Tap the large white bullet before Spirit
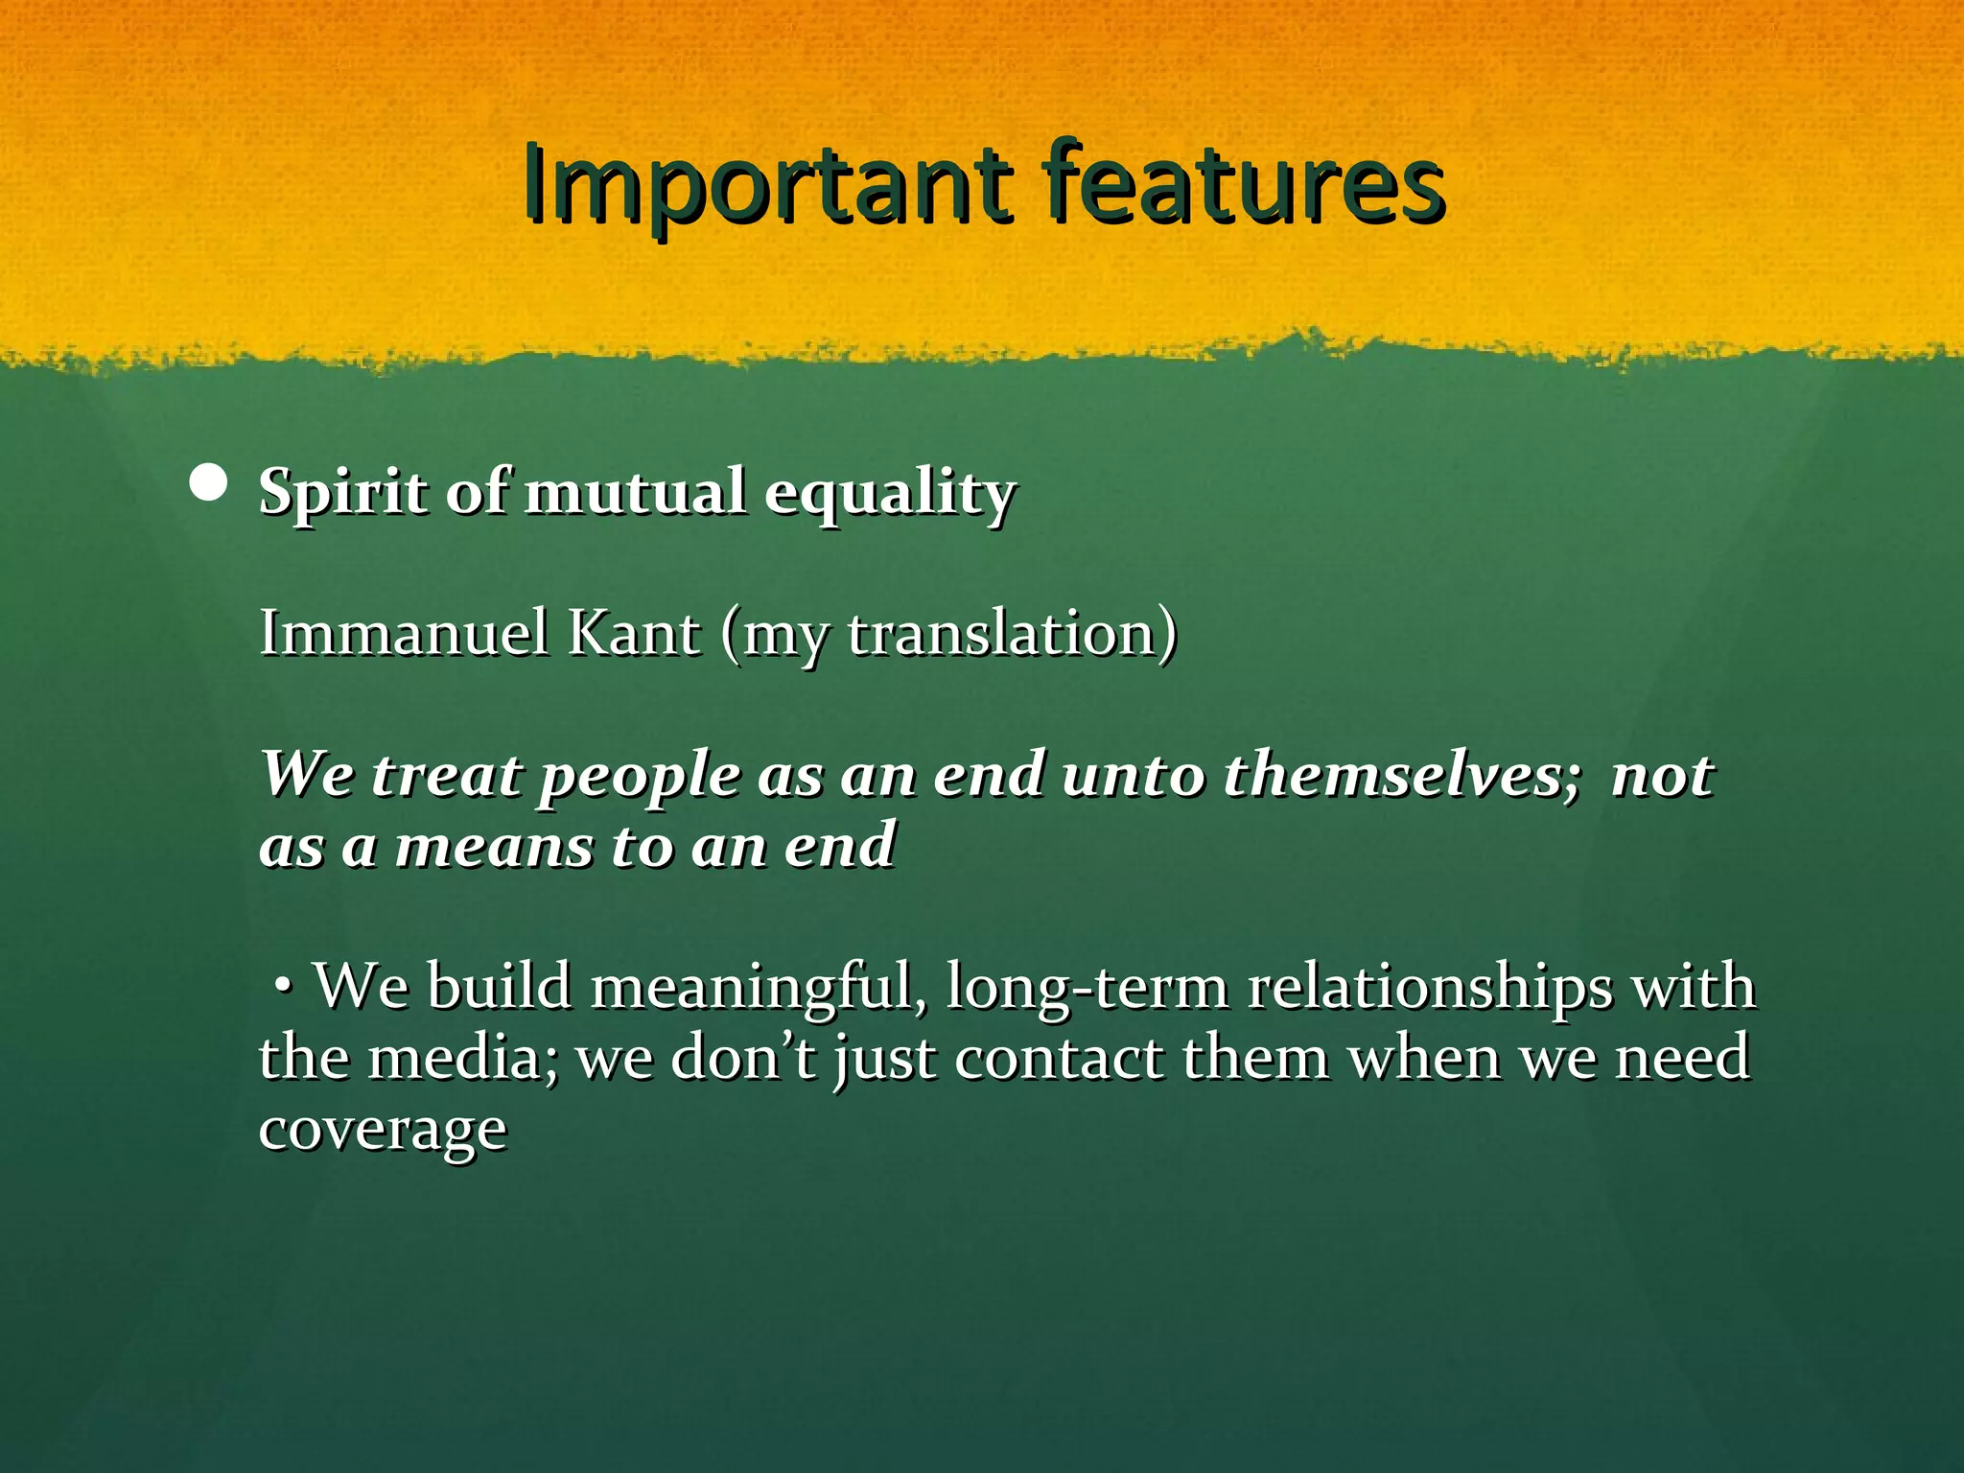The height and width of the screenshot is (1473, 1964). (x=208, y=485)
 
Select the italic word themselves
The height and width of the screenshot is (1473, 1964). (x=1400, y=774)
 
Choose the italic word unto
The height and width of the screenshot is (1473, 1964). (x=1133, y=775)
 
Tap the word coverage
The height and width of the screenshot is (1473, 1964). (x=383, y=1130)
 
